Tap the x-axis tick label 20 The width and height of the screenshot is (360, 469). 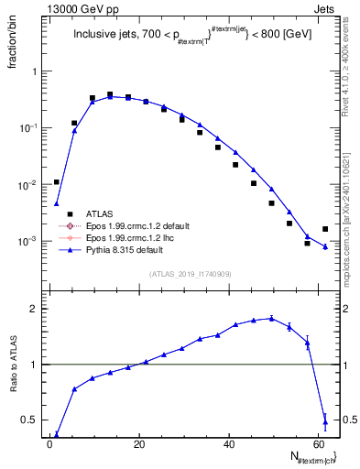pos(139,446)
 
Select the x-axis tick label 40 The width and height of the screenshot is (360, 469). pos(229,446)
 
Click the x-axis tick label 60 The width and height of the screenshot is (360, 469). pos(319,446)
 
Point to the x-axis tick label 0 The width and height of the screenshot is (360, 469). pos(49,446)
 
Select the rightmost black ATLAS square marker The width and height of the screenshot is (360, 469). pos(325,229)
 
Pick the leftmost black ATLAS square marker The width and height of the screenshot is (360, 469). pos(57,182)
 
